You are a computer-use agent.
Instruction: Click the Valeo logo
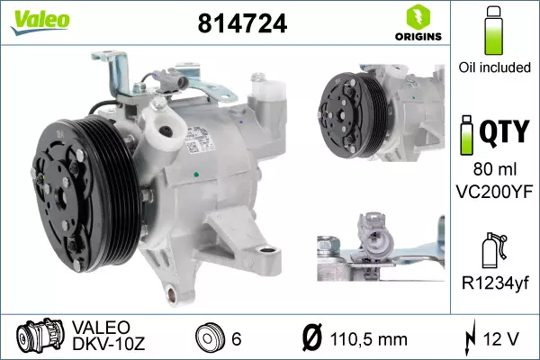tap(40, 22)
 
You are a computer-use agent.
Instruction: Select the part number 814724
tap(242, 23)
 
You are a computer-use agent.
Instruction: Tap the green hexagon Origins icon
tap(418, 17)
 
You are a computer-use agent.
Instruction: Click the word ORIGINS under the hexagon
tap(418, 37)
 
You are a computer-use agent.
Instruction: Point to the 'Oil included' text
tap(494, 67)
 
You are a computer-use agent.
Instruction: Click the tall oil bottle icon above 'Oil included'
tap(493, 31)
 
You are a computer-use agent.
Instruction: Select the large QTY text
tap(504, 131)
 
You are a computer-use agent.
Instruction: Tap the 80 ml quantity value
tap(494, 169)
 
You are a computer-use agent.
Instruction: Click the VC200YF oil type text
tap(494, 192)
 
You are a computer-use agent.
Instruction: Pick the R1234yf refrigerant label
tap(495, 283)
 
